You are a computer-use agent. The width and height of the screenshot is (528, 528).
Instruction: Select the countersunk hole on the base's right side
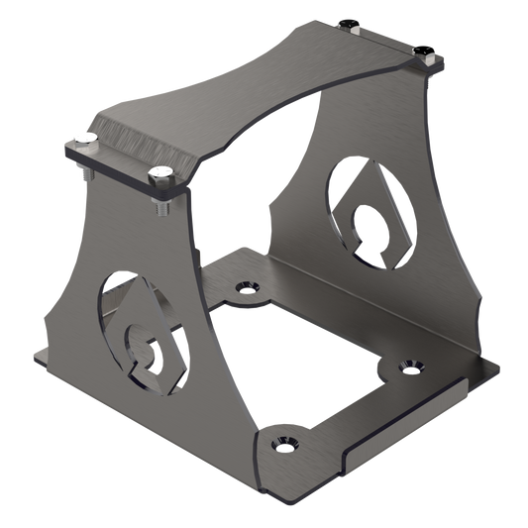click(408, 368)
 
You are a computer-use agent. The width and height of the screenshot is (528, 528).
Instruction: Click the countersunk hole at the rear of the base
click(242, 288)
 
